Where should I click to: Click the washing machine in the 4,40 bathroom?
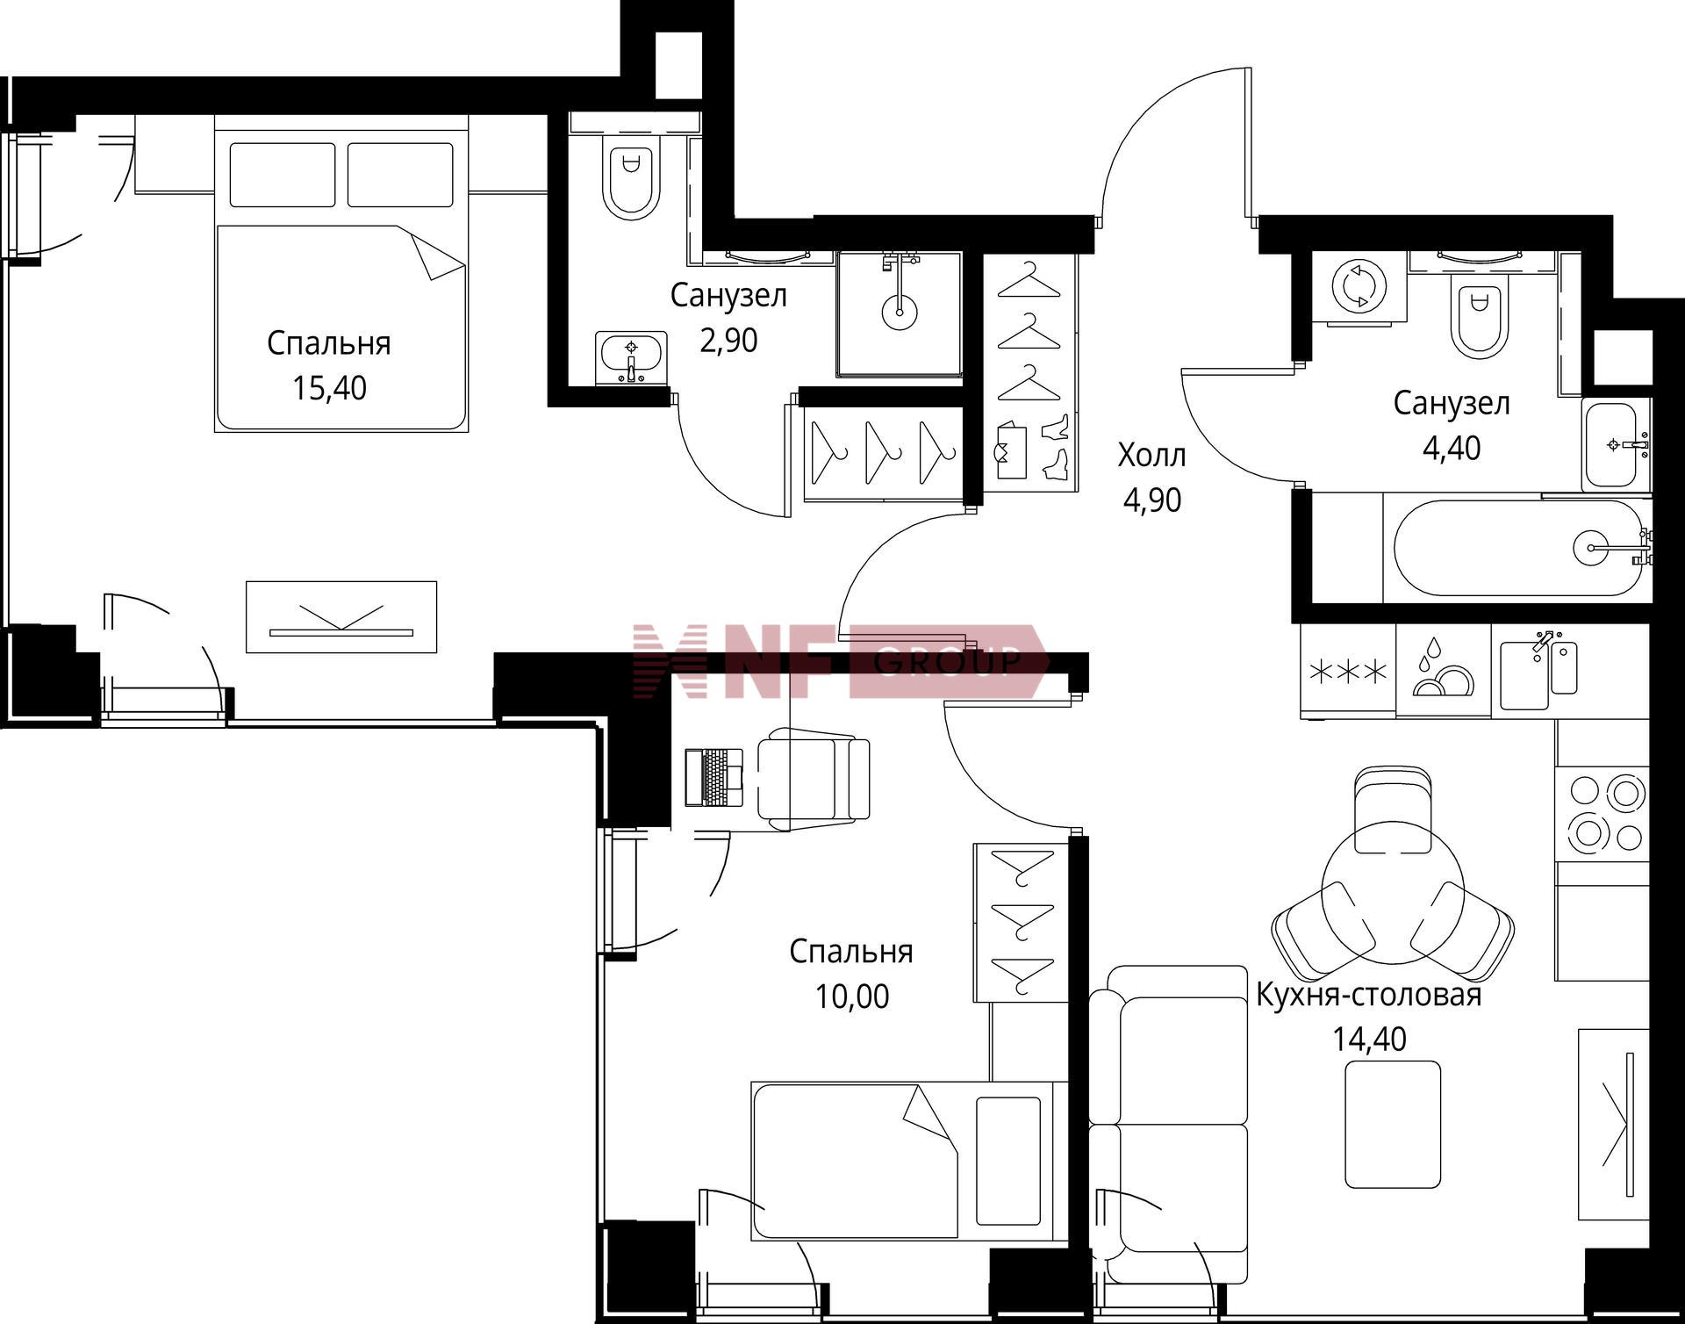pos(1359,287)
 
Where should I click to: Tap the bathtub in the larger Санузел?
pos(1517,548)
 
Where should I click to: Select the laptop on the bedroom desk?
pos(713,777)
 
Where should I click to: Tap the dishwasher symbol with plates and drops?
pos(1444,670)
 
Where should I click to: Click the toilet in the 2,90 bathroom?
pos(631,179)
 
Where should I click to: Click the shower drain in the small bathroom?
pos(900,312)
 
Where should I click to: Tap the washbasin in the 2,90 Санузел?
pos(630,358)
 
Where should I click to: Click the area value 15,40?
pos(329,387)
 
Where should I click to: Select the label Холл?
pos(1151,455)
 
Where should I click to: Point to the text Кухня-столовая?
pos(1368,995)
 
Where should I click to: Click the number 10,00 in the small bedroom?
pos(851,997)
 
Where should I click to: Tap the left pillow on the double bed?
pos(283,175)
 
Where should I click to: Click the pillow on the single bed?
pos(1008,1159)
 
